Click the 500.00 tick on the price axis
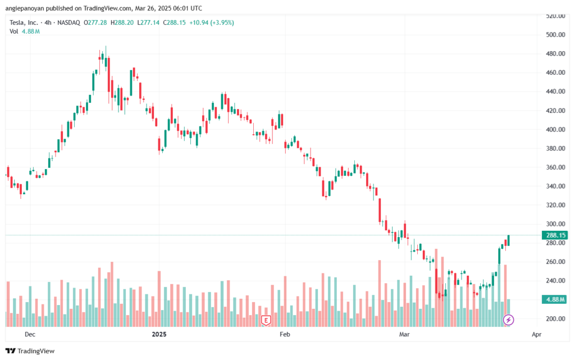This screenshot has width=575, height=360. pyautogui.click(x=555, y=35)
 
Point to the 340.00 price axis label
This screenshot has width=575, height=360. pyautogui.click(x=555, y=186)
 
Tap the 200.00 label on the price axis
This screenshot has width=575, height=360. pyautogui.click(x=555, y=319)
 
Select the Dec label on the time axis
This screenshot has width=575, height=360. pyautogui.click(x=30, y=334)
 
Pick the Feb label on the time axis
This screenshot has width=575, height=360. pyautogui.click(x=285, y=334)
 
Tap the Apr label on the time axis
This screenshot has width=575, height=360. pyautogui.click(x=536, y=334)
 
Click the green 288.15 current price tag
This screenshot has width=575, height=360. pyautogui.click(x=555, y=235)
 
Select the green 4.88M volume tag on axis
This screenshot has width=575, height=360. pyautogui.click(x=555, y=300)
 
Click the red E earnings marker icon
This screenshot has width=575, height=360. pyautogui.click(x=266, y=320)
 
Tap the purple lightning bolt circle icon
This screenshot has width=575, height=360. pyautogui.click(x=508, y=320)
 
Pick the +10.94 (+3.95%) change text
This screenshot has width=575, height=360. pyautogui.click(x=214, y=22)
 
